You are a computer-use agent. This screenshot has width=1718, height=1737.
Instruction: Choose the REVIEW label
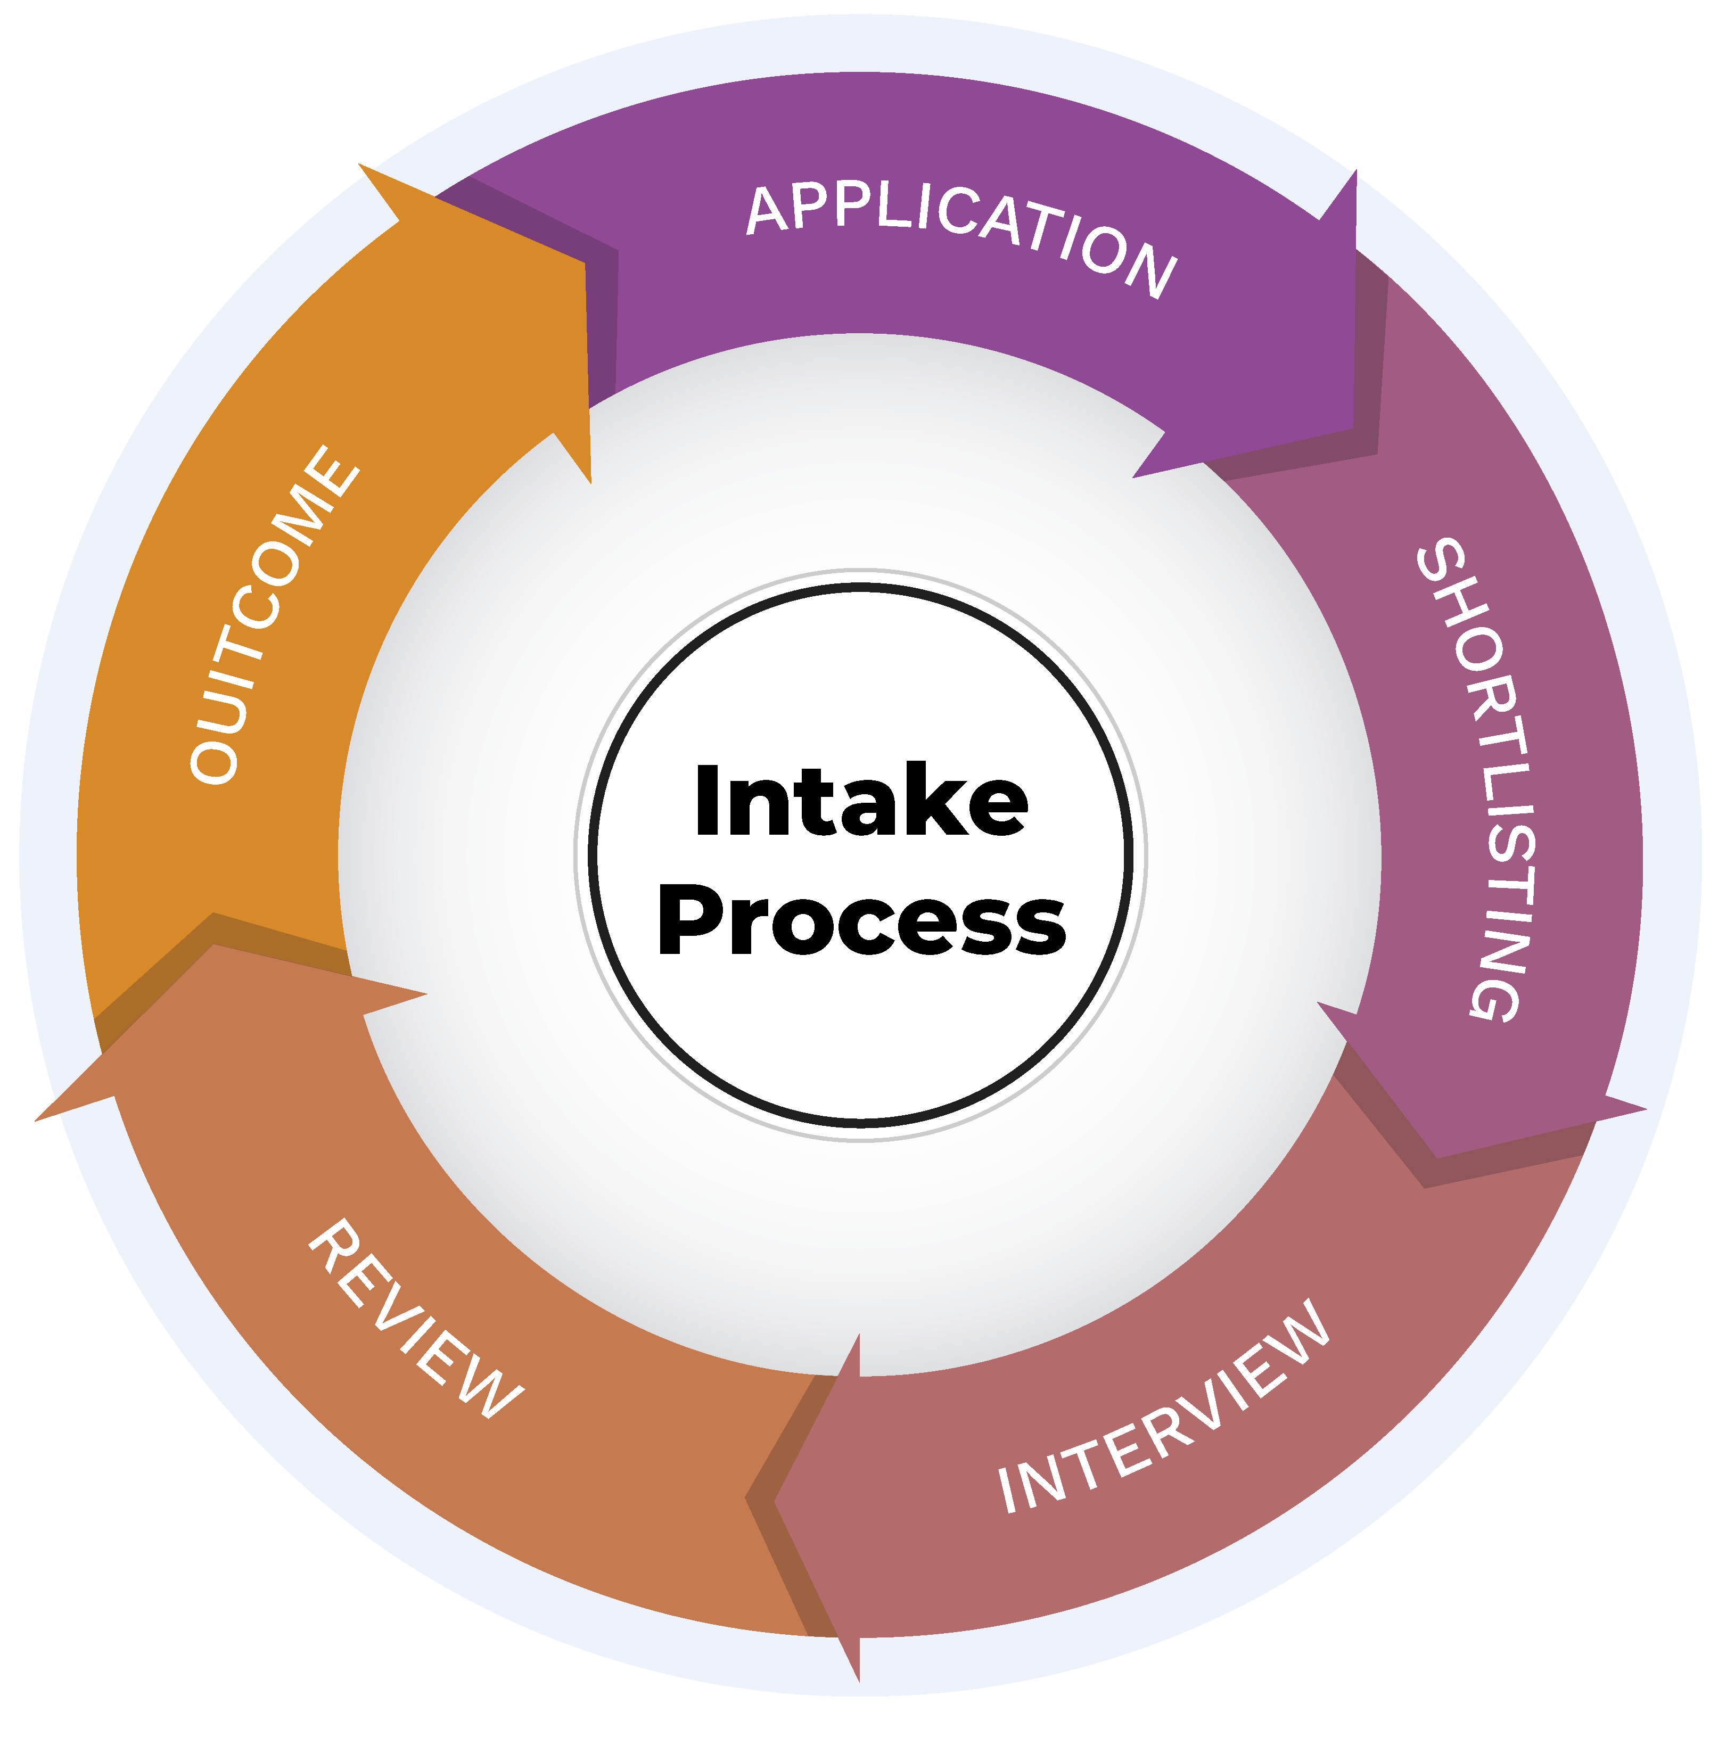pyautogui.click(x=415, y=1319)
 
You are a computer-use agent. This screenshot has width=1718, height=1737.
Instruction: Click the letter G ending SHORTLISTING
pyautogui.click(x=1498, y=993)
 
